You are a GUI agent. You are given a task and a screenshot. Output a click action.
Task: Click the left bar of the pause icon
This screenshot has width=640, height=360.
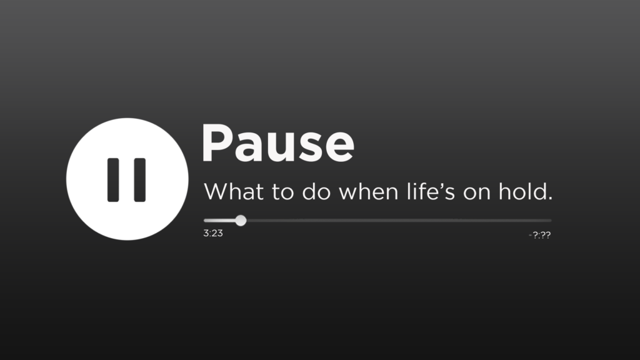click(113, 180)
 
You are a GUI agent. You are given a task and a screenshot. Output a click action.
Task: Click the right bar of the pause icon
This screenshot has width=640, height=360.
click(139, 180)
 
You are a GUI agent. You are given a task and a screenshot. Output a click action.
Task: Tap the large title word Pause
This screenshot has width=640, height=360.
click(278, 143)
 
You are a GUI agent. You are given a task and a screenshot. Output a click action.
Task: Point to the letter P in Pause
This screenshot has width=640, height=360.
click(216, 143)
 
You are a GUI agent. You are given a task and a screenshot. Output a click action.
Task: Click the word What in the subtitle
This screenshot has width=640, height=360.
click(234, 191)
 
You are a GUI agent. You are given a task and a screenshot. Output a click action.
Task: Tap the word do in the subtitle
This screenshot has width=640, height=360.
click(316, 191)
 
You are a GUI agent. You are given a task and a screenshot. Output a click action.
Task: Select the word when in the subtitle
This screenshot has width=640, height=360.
click(369, 191)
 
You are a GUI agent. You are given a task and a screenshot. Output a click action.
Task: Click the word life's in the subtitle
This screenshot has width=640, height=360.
click(431, 191)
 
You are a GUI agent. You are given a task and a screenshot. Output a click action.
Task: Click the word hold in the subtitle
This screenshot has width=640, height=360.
click(522, 191)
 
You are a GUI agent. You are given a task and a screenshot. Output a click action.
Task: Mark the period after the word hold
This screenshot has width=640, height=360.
click(550, 198)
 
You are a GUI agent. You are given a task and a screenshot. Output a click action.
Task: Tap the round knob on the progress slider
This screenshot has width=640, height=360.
click(241, 221)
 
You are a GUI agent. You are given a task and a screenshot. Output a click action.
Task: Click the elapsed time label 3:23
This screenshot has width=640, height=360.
click(213, 233)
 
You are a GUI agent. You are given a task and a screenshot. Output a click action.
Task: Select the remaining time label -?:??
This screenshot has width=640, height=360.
click(539, 235)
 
